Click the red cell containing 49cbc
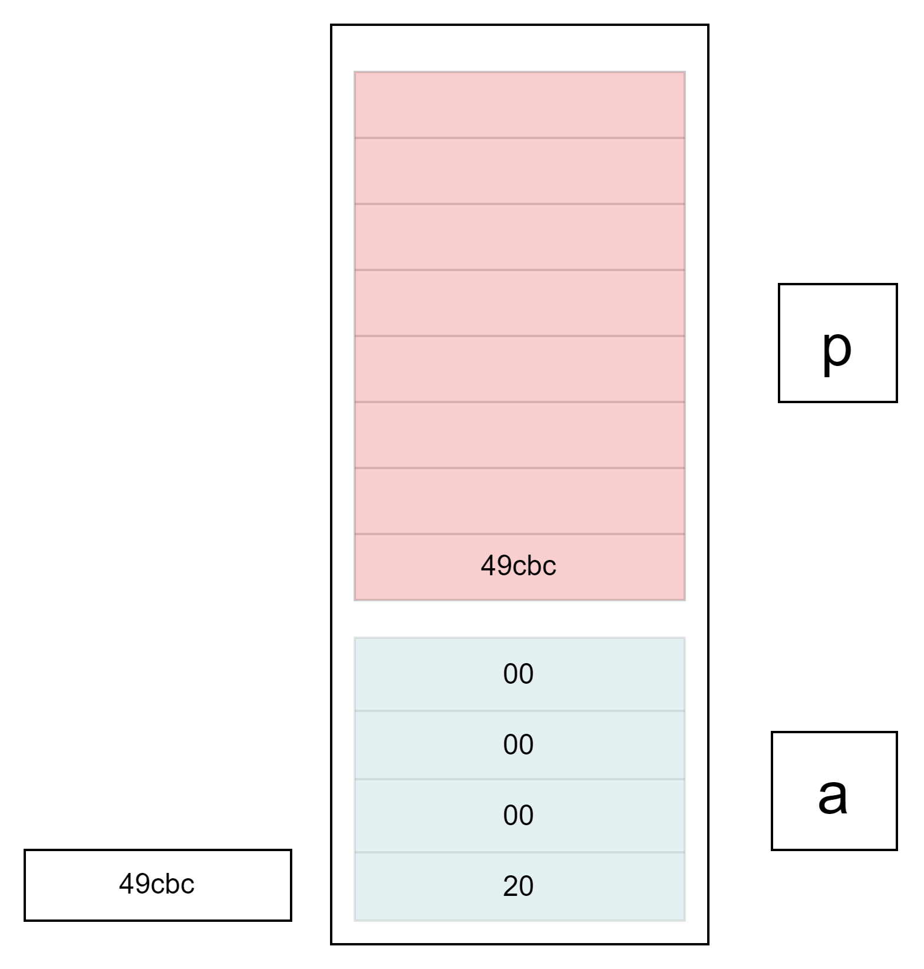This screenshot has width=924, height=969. [519, 567]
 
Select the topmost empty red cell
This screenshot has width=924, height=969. [519, 105]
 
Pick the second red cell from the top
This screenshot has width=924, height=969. [519, 171]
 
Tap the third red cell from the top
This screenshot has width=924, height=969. [519, 237]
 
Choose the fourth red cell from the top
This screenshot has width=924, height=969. [519, 303]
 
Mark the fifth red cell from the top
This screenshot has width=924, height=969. [519, 369]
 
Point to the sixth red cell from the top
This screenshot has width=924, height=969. [519, 435]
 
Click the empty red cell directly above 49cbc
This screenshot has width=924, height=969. [519, 501]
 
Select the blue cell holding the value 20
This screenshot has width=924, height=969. [519, 886]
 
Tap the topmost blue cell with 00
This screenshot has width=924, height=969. [519, 674]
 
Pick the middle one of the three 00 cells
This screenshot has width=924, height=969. [519, 745]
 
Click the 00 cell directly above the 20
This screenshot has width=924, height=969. [519, 816]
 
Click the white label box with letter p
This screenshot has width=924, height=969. [837, 343]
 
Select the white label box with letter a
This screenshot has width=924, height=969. [834, 791]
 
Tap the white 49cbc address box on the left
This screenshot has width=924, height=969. [157, 885]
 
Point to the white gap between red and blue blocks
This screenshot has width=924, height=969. [519, 619]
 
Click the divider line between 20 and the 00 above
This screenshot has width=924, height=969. [519, 852]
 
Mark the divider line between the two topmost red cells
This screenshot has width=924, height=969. [519, 138]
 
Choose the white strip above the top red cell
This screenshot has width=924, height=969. [519, 48]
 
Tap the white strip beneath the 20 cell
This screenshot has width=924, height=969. [519, 932]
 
